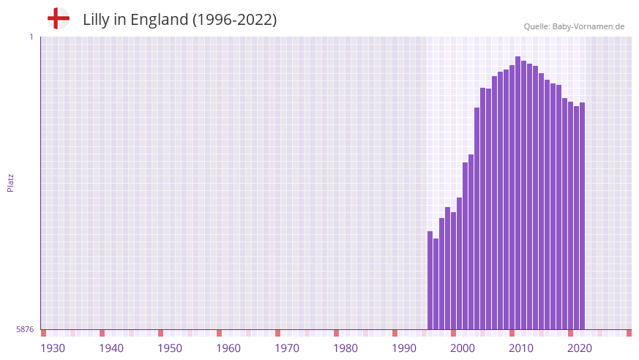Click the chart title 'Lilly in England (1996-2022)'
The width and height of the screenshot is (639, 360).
(179, 20)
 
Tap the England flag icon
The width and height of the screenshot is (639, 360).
(58, 18)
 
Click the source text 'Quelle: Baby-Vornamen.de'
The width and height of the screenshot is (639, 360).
(574, 26)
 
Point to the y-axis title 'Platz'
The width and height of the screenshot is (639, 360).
(10, 182)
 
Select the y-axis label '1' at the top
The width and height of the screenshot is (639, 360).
(31, 37)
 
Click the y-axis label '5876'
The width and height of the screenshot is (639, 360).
(25, 330)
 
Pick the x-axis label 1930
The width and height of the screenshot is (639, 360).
(53, 348)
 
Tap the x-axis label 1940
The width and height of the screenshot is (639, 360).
(111, 348)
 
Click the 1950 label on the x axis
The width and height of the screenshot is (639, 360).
(170, 348)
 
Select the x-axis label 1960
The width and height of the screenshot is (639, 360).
(228, 348)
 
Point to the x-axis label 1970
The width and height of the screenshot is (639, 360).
(287, 348)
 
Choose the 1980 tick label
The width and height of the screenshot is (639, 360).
(345, 348)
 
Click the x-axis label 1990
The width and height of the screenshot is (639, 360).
(404, 348)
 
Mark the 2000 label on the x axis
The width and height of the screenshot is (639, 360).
(463, 348)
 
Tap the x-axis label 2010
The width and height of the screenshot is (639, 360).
(521, 348)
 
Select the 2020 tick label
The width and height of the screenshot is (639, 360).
(580, 348)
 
